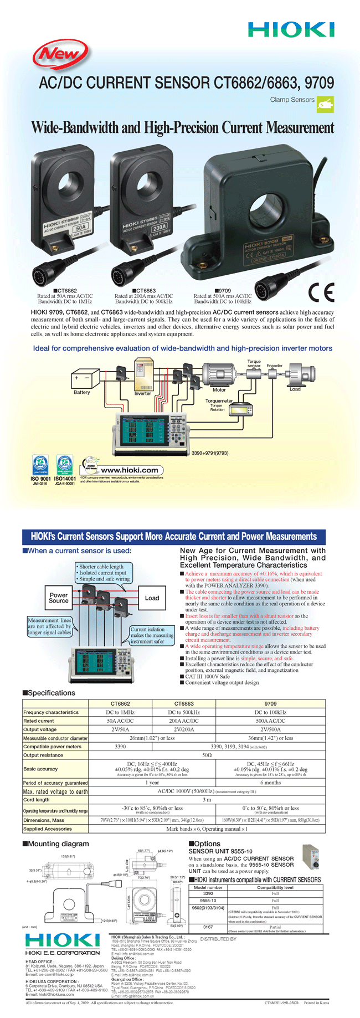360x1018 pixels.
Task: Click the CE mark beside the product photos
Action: pyautogui.click(x=321, y=292)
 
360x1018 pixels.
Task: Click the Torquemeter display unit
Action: pyautogui.click(x=241, y=410)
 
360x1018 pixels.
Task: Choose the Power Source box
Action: pyautogui.click(x=59, y=598)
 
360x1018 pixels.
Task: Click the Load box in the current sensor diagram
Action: pyautogui.click(x=152, y=598)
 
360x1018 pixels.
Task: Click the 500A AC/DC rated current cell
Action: pyautogui.click(x=270, y=721)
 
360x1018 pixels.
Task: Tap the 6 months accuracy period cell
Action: pyautogui.click(x=270, y=783)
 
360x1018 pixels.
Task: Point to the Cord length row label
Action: pyautogui.click(x=37, y=800)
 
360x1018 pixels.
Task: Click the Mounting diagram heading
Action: pyautogui.click(x=55, y=844)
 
